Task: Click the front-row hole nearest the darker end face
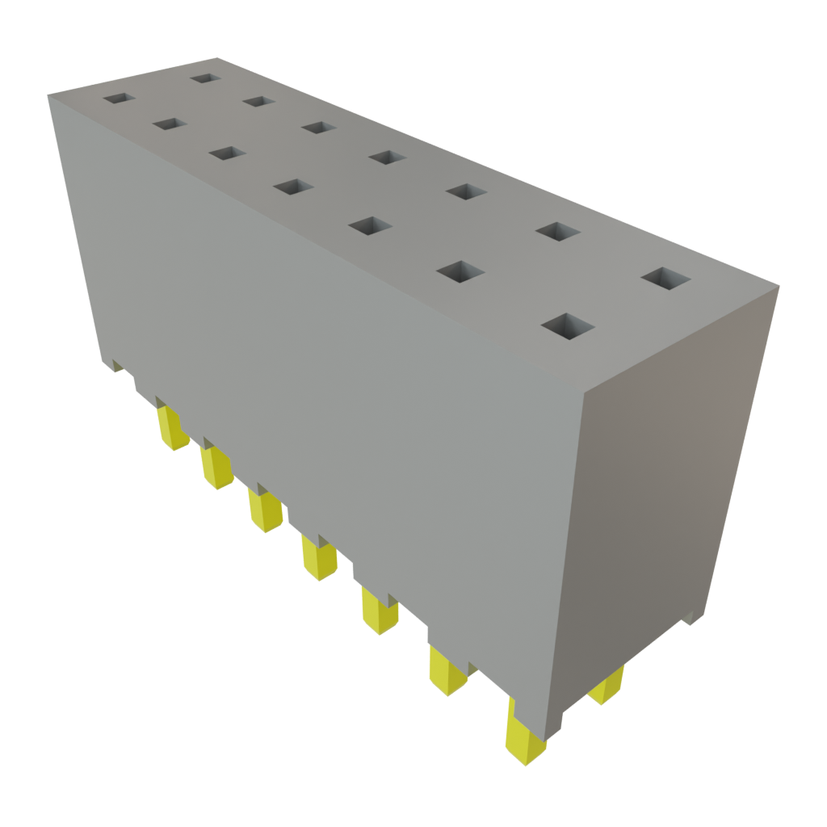pos(568,327)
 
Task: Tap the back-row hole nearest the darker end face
pos(666,279)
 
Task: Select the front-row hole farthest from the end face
pos(119,99)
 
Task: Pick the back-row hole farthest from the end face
pos(205,78)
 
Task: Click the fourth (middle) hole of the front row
pos(292,187)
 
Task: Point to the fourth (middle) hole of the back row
pos(387,157)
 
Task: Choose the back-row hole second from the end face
pos(557,232)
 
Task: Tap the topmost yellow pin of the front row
pos(174,428)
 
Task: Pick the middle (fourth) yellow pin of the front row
pos(319,558)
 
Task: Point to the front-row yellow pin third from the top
pos(265,510)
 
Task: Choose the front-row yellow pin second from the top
pos(216,468)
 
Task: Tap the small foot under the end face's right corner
pos(691,618)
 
